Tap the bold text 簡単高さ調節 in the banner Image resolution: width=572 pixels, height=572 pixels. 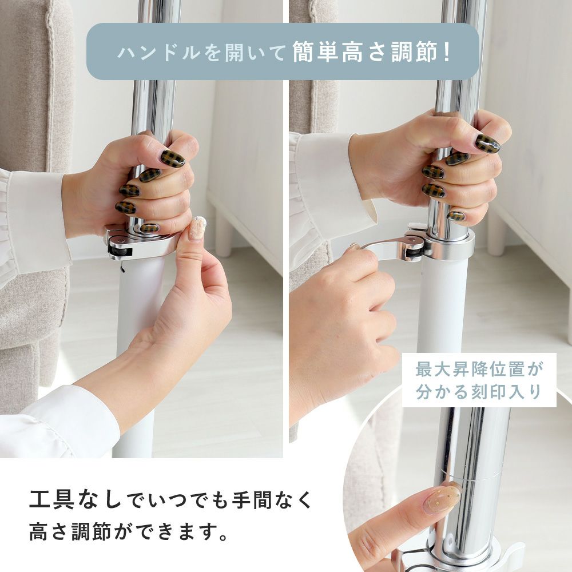[x=365, y=52]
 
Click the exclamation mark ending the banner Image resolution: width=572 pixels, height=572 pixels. [x=447, y=52]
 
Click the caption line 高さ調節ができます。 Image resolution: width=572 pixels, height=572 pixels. [x=128, y=531]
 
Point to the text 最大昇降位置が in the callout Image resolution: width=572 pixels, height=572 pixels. [x=479, y=370]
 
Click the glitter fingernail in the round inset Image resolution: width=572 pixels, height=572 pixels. [x=443, y=498]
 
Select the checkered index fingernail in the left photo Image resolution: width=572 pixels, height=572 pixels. [x=173, y=158]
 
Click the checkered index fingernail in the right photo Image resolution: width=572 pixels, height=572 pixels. [x=487, y=144]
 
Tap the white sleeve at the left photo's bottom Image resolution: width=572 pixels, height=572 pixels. [x=55, y=423]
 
